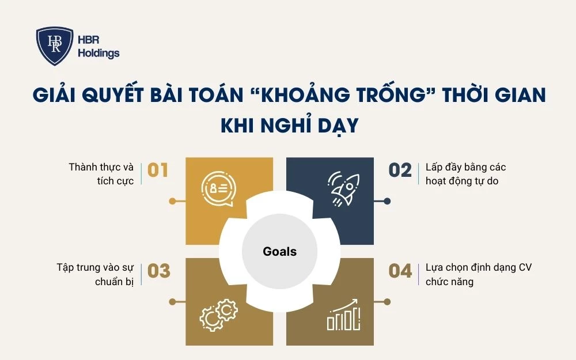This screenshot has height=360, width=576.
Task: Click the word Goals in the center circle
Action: [x=279, y=251]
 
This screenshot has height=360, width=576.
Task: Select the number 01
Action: [x=158, y=170]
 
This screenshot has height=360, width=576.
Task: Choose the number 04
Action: [x=400, y=271]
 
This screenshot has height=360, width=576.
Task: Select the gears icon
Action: [x=218, y=316]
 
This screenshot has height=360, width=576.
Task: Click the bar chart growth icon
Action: [x=344, y=316]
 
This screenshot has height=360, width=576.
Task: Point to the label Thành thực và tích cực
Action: [x=101, y=174]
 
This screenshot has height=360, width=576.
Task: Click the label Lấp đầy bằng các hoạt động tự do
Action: [x=466, y=174]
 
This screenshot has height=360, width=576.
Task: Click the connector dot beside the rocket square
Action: [x=387, y=201]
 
